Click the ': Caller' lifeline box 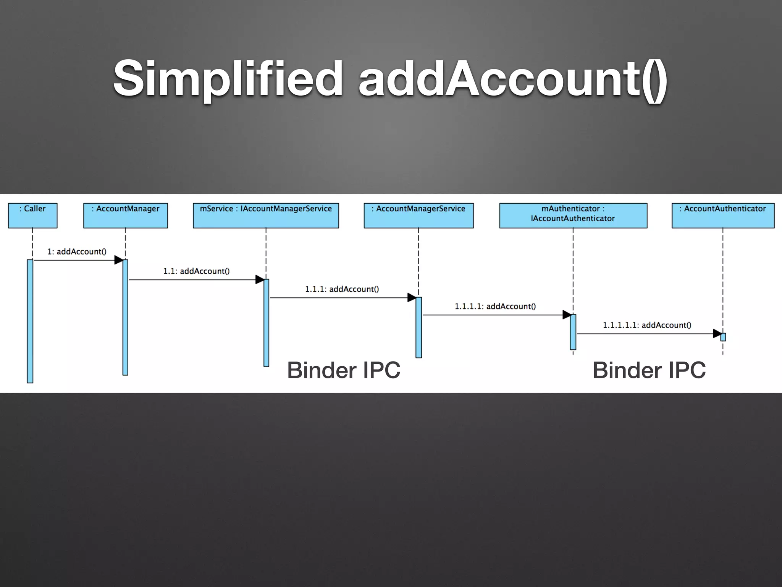33,216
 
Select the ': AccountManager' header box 125,216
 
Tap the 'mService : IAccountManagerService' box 266,216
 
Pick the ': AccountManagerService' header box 418,216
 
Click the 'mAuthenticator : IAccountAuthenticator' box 573,216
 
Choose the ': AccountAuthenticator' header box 723,216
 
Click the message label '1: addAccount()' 77,251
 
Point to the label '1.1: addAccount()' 197,271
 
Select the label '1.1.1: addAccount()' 342,289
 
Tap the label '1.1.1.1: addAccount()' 495,306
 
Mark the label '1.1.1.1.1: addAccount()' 647,325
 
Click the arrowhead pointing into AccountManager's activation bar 119,260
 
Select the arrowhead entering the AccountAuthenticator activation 717,334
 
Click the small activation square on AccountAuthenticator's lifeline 723,337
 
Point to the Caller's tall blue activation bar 30,321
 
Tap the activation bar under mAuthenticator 573,332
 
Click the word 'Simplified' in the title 228,78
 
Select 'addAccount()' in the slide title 513,78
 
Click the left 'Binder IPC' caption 344,370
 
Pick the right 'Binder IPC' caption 649,370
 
